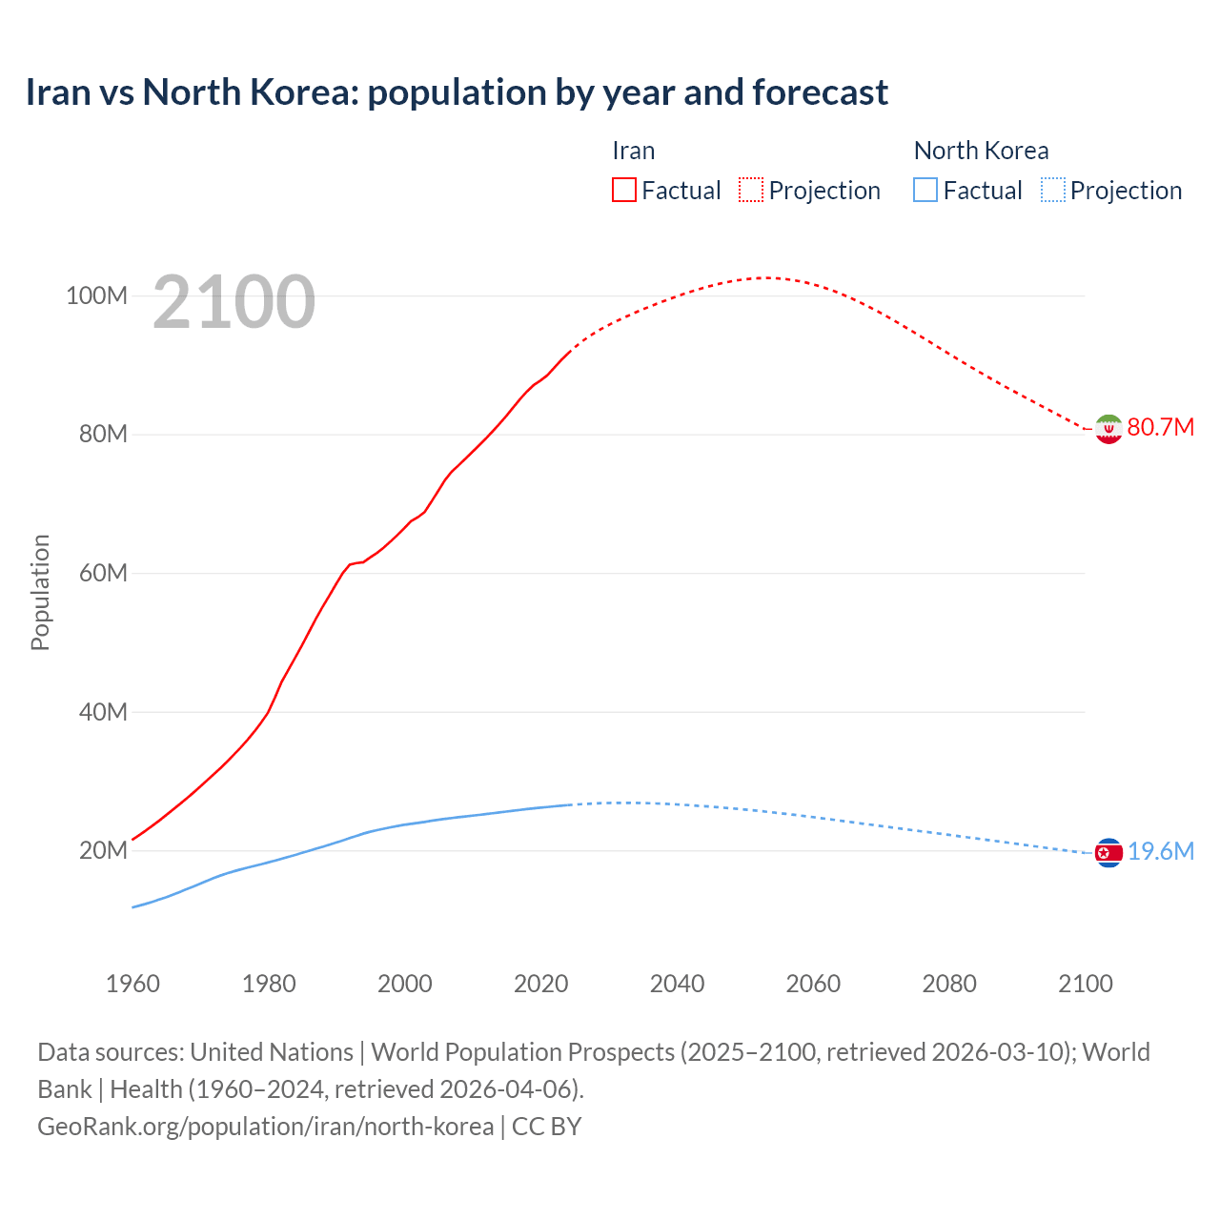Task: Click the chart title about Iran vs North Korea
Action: pos(457,92)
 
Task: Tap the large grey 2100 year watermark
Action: pos(234,302)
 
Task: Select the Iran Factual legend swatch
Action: pos(623,190)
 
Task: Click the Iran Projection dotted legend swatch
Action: pos(751,190)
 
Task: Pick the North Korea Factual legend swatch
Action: pos(925,190)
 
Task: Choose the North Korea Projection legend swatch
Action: pos(1052,190)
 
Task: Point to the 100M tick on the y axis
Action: pos(96,295)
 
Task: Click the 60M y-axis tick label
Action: pos(103,573)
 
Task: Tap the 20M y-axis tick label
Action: pos(103,850)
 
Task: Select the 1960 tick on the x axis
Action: pos(132,984)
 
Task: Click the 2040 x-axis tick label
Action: pos(677,984)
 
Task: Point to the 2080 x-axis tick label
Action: pos(949,984)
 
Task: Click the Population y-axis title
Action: pos(40,592)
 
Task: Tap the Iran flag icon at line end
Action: pos(1108,429)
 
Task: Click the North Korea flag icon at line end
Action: pos(1108,853)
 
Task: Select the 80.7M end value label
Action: pos(1160,427)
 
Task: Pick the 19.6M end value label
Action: pos(1160,851)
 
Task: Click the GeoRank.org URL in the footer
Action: pos(265,1126)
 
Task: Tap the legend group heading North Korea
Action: pos(981,151)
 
